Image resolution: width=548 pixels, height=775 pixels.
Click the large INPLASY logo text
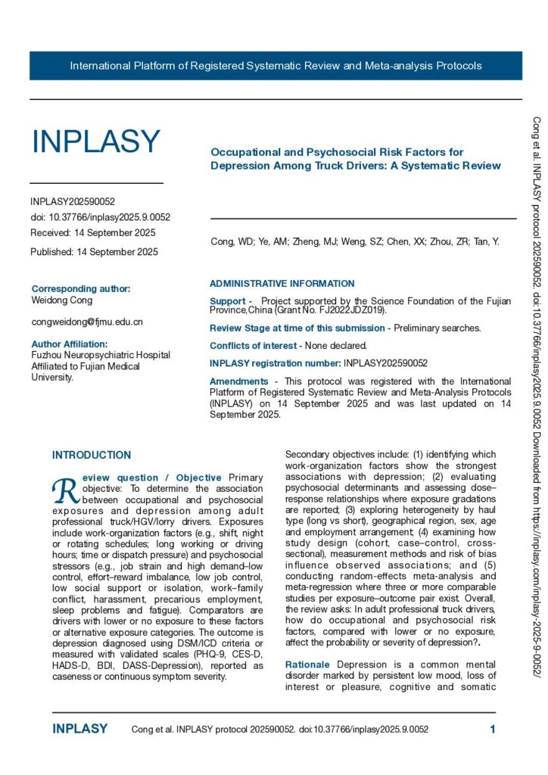[x=95, y=142]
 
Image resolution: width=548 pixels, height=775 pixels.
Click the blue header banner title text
[x=276, y=66]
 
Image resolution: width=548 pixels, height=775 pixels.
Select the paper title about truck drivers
[x=355, y=159]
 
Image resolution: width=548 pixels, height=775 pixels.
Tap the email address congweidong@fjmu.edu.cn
[x=87, y=322]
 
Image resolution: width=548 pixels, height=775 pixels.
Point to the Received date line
[x=92, y=232]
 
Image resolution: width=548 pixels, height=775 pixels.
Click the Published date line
[x=94, y=252]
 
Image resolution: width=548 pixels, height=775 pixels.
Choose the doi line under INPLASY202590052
[x=100, y=217]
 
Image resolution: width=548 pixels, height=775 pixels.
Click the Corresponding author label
[x=81, y=288]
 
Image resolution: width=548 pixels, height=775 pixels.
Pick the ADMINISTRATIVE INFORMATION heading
[x=282, y=284]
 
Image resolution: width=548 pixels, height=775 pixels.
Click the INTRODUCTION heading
[x=92, y=455]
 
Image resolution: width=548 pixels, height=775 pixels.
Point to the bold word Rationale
[x=307, y=665]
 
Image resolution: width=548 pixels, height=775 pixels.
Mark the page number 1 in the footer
[x=493, y=730]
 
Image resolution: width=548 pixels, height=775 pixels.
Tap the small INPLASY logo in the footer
[x=79, y=730]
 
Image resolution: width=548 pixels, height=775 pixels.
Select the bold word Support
[x=226, y=301]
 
